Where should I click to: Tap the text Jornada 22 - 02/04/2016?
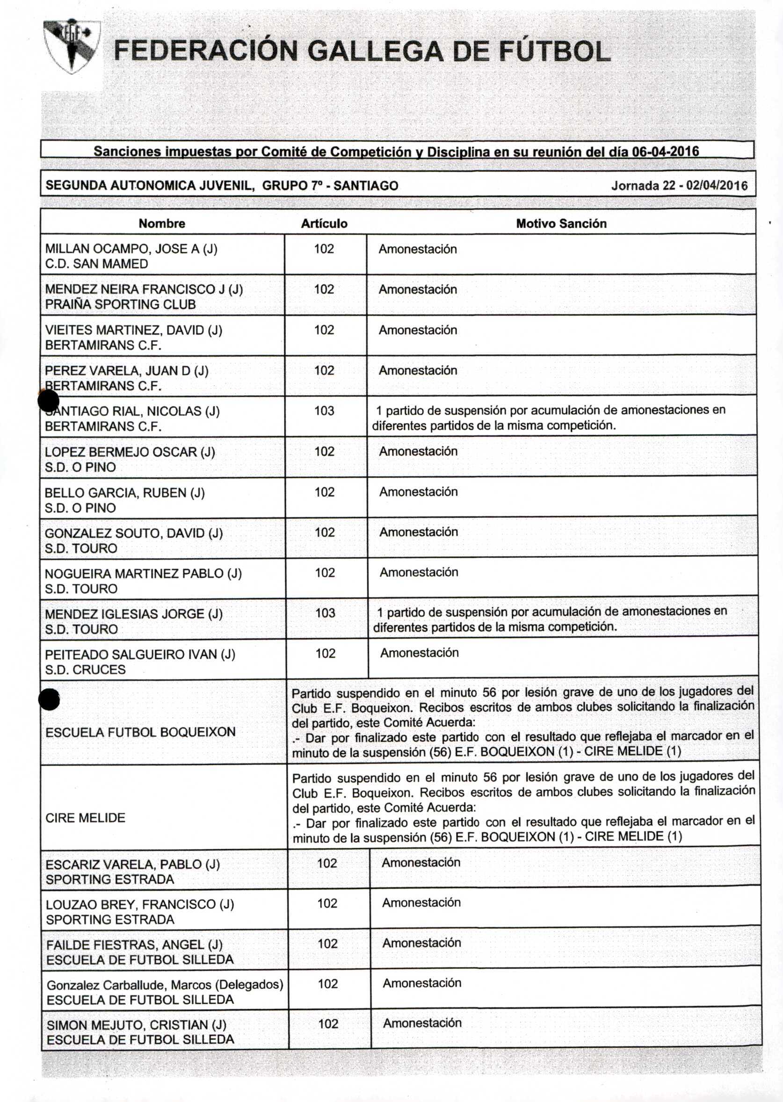point(679,186)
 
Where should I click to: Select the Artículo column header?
point(324,223)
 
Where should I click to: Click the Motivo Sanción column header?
point(561,223)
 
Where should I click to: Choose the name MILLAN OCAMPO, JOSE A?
point(131,249)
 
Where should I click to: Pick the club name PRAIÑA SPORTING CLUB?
point(121,304)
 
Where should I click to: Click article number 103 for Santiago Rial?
point(325,411)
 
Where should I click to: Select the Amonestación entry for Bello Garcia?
point(418,492)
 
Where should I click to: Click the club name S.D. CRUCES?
point(85,670)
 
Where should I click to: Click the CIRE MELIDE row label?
point(85,817)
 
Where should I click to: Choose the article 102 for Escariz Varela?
point(327,863)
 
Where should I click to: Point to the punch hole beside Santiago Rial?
point(49,401)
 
